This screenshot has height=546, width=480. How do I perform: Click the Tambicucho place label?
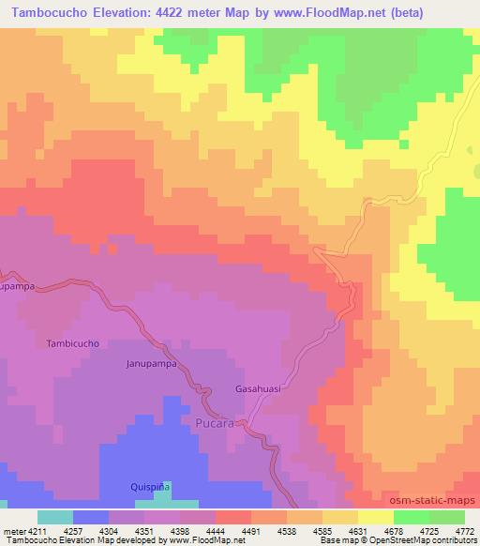click(72, 344)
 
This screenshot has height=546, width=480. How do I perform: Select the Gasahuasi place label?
click(259, 388)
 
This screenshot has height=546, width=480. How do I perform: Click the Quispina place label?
click(150, 488)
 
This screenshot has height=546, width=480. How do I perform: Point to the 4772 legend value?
click(464, 530)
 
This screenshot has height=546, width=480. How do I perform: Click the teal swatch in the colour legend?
click(54, 518)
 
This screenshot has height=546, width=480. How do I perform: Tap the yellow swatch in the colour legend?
click(375, 518)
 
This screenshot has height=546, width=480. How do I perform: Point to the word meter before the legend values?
click(13, 530)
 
